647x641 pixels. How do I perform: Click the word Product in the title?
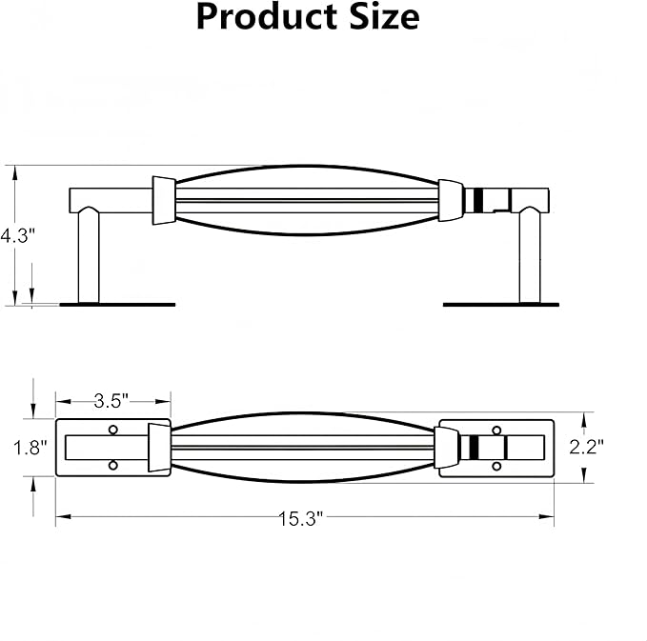[x=267, y=17]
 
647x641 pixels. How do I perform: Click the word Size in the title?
[x=385, y=17]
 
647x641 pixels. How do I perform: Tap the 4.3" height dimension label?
[x=18, y=236]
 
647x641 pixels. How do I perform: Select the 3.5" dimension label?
[x=111, y=401]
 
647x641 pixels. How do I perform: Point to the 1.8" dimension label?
[x=30, y=448]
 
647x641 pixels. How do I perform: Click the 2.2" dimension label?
[x=586, y=447]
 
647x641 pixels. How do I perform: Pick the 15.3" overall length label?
[x=301, y=518]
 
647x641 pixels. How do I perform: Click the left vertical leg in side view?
[x=89, y=255]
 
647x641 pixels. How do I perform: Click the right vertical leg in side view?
[x=530, y=256]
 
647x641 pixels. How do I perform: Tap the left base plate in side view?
[x=117, y=305]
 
